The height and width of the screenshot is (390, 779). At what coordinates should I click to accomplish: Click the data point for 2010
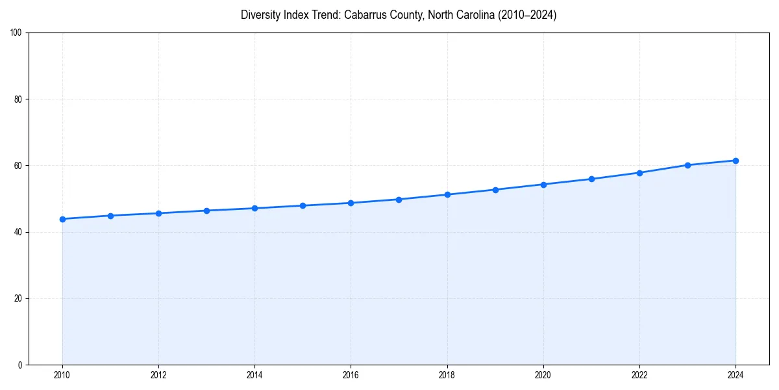[62, 219]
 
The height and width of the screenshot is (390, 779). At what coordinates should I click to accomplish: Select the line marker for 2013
[206, 211]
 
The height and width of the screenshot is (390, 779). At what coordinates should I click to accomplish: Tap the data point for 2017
[399, 200]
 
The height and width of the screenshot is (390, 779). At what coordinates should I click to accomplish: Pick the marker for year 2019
[495, 190]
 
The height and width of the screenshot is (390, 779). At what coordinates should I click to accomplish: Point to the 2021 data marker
[591, 179]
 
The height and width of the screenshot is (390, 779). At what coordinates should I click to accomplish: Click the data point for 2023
[687, 165]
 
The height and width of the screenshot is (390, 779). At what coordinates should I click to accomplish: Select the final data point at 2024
[736, 161]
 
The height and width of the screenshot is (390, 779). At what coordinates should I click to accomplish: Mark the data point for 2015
[303, 205]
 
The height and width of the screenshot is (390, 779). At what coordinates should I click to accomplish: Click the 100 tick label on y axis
[17, 33]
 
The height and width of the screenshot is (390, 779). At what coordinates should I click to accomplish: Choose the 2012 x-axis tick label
[158, 375]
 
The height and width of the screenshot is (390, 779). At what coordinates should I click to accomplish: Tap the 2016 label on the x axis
[351, 375]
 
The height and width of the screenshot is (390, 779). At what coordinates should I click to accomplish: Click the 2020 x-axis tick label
[543, 375]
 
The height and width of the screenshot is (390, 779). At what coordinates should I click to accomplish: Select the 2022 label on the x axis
[639, 375]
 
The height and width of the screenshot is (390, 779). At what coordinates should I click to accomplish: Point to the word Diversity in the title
[260, 15]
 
